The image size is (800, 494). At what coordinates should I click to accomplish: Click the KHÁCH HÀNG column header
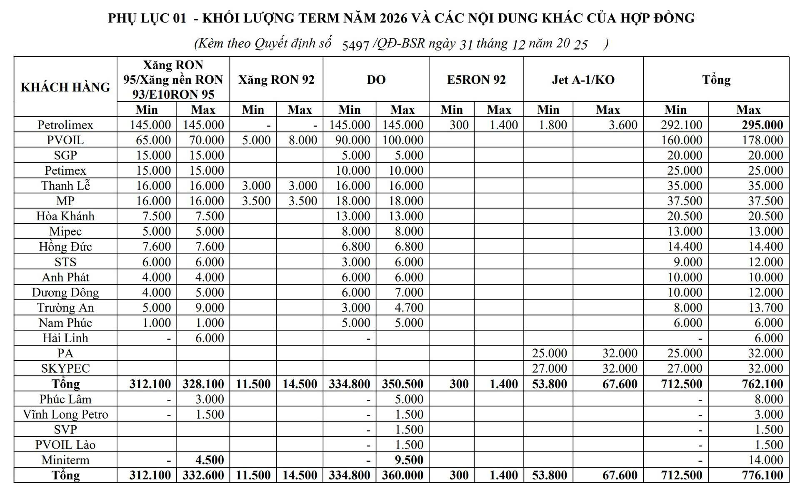[65, 87]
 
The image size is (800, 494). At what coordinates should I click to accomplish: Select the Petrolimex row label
[65, 125]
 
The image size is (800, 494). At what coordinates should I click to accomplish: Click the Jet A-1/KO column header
[583, 80]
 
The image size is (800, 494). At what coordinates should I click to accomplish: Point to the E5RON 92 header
[476, 80]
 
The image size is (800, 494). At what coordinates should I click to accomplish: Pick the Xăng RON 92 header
[276, 80]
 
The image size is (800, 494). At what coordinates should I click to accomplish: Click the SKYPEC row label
[65, 369]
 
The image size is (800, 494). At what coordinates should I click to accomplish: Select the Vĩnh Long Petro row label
[65, 414]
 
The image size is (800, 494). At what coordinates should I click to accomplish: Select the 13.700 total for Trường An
[765, 308]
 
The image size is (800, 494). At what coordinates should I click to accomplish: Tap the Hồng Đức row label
[65, 247]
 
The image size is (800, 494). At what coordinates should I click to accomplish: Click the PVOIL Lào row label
[65, 445]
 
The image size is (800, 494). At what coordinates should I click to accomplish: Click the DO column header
[376, 80]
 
